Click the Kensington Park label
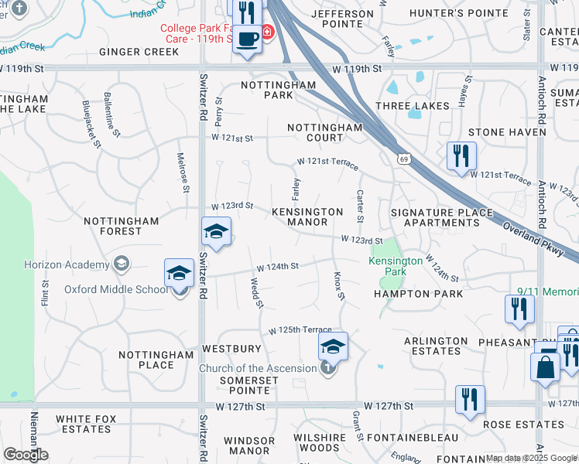[x=396, y=267]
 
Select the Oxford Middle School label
[x=116, y=289]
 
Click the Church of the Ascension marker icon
[x=328, y=368]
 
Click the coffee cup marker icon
[x=248, y=39]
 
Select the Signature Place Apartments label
[x=441, y=217]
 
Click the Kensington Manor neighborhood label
[x=307, y=217]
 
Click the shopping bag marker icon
[x=545, y=367]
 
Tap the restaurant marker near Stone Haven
[x=461, y=155]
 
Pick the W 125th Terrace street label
[x=300, y=330]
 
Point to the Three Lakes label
[x=412, y=105]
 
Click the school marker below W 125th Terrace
[x=333, y=346]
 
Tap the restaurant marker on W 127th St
[x=470, y=399]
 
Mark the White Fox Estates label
[x=83, y=424]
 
